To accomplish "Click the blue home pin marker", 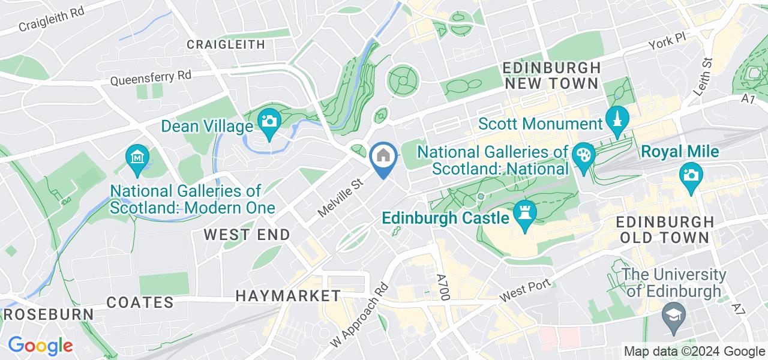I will click(382, 157).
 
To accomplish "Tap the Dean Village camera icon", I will click(269, 121).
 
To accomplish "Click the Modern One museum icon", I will click(137, 157).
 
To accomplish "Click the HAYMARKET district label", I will click(288, 296).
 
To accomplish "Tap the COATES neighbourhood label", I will click(140, 302).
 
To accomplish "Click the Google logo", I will click(40, 346).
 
